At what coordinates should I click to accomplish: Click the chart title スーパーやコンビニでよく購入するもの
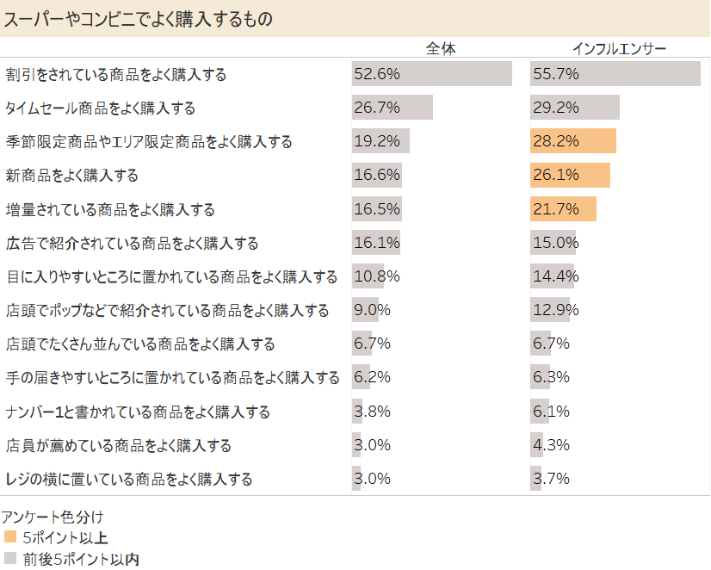[139, 19]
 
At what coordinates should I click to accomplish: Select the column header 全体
[441, 48]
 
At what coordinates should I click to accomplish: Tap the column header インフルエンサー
[620, 48]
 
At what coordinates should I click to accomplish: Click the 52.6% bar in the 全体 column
[431, 74]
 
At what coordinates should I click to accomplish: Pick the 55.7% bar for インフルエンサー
[615, 74]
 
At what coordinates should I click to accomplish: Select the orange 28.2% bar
[573, 141]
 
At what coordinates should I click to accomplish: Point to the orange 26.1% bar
[570, 176]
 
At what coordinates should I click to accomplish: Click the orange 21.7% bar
[563, 209]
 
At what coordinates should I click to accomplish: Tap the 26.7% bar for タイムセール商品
[392, 108]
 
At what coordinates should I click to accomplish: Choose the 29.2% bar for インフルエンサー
[575, 108]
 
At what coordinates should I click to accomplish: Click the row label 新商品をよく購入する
[72, 176]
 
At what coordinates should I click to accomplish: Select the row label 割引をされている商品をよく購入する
[116, 75]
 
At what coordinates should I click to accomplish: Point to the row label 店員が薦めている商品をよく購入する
[119, 446]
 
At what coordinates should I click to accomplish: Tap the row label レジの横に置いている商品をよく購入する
[129, 480]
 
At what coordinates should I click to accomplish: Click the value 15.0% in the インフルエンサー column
[555, 243]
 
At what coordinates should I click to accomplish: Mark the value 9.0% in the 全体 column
[372, 310]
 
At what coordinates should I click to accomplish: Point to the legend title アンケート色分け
[53, 518]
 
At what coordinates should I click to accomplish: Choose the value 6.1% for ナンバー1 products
[551, 412]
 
